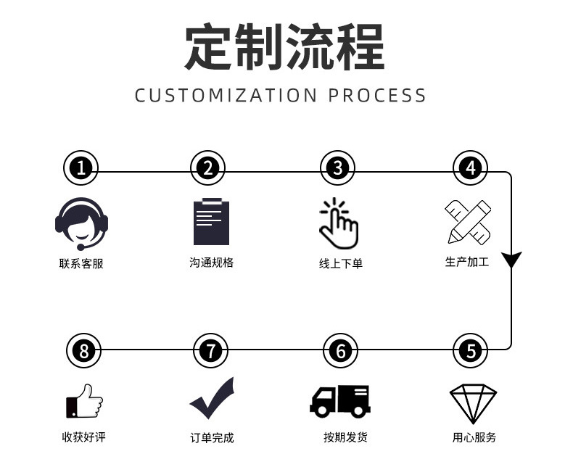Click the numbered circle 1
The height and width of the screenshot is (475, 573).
click(81, 169)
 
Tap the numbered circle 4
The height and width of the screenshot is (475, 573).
click(471, 169)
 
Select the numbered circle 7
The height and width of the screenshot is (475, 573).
click(210, 352)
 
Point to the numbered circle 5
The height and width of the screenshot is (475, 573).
click(471, 352)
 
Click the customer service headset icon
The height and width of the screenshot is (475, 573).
click(81, 224)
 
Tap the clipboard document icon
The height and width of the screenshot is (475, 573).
click(211, 221)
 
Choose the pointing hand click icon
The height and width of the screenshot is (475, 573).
click(339, 222)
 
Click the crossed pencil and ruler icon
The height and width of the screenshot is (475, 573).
click(468, 221)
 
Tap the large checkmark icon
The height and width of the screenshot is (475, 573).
click(213, 398)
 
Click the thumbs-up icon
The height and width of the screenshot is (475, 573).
click(84, 401)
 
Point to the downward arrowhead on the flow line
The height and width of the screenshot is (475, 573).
click(512, 259)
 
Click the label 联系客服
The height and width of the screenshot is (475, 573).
click(81, 264)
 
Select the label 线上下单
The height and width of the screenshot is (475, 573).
click(340, 264)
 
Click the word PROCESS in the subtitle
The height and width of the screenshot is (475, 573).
click(377, 96)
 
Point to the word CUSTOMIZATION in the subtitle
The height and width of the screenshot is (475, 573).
click(226, 96)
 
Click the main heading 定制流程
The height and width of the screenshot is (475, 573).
click(284, 48)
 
